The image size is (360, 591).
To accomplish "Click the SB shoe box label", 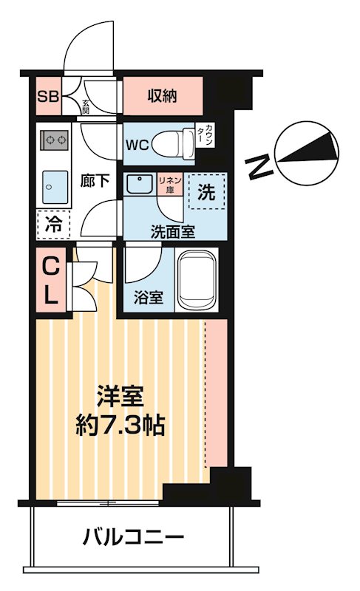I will coord(48,96).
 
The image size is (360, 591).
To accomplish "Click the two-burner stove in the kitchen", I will coord(54,138).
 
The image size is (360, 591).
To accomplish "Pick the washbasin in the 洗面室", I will coord(137,184).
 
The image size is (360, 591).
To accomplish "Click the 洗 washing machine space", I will coord(206,194).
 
